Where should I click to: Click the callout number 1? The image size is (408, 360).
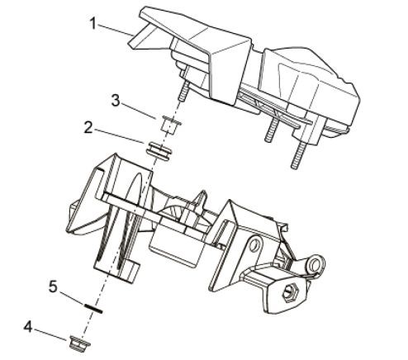click(x=93, y=23)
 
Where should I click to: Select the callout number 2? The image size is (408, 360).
click(x=88, y=128)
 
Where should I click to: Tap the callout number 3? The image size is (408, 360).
click(x=116, y=101)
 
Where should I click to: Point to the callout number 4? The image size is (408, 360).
click(x=28, y=328)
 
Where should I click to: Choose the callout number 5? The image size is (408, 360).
click(x=53, y=287)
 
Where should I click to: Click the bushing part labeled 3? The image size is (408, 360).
click(x=171, y=124)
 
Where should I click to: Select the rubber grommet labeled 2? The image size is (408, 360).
click(x=159, y=150)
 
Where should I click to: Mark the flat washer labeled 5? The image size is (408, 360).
click(x=93, y=308)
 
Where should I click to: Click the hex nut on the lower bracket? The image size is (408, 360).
click(x=290, y=292)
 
